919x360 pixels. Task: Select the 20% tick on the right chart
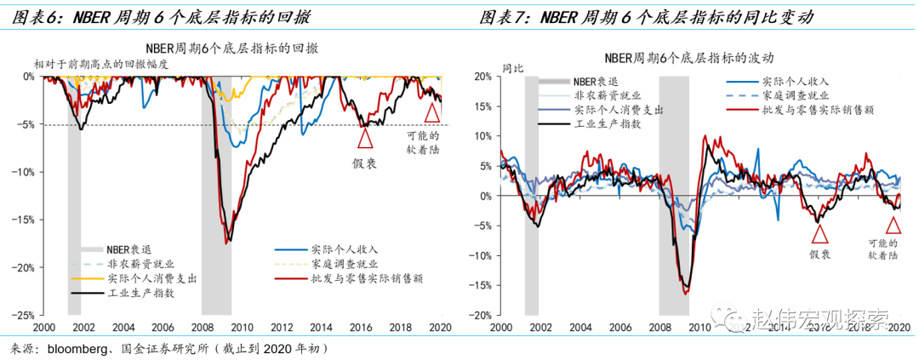(482, 76)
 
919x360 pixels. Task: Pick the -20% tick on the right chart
(481, 315)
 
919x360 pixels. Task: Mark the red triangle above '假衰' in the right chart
(819, 233)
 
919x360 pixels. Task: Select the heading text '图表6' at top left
(32, 16)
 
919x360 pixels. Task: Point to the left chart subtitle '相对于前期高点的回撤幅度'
(102, 64)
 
